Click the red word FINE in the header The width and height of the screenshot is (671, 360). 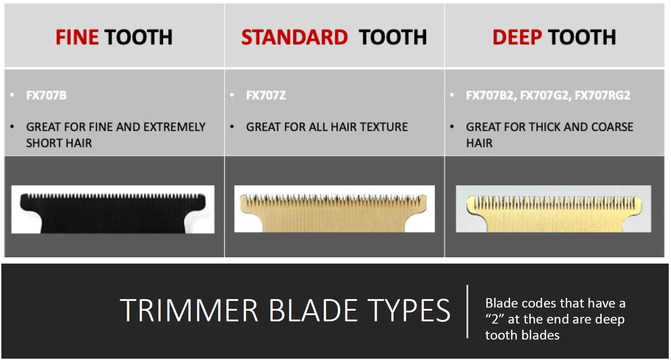(77, 37)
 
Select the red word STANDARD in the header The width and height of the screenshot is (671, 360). (294, 37)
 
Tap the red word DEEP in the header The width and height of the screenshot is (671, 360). (517, 37)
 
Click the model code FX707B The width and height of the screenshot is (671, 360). (46, 96)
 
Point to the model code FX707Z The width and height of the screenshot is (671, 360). (266, 96)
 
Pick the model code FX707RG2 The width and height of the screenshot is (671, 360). (603, 96)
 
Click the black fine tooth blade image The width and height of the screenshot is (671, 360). (113, 209)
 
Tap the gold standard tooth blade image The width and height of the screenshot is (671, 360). (334, 209)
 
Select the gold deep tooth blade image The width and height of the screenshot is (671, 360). (554, 209)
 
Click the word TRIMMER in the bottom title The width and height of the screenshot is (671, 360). (189, 311)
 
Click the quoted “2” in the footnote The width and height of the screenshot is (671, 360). (494, 319)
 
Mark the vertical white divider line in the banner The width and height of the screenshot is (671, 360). (467, 312)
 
